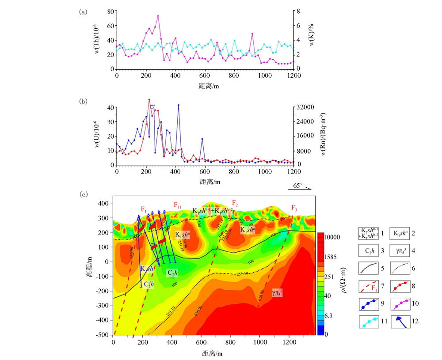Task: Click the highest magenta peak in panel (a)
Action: pos(158,16)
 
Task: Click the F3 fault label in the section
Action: pos(294,208)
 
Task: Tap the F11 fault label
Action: pos(177,205)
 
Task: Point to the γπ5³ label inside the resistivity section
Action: pos(278,292)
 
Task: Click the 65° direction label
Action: pos(299,186)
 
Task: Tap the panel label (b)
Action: pos(83,101)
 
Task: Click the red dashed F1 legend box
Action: pos(370,286)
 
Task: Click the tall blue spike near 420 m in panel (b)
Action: pos(179,105)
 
